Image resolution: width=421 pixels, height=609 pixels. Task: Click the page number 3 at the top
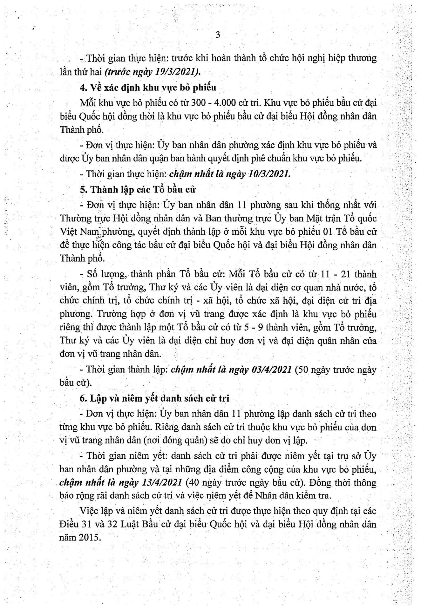[218, 35]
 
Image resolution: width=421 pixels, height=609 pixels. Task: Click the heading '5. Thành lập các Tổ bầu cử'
[138, 189]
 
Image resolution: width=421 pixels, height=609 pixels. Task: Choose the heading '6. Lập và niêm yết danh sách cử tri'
[154, 398]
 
